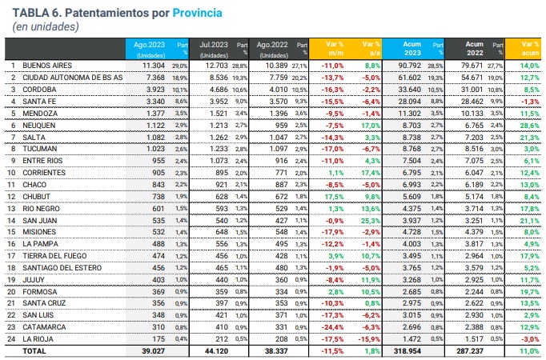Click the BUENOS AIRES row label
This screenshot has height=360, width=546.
pyautogui.click(x=49, y=64)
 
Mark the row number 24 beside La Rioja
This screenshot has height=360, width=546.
pyautogui.click(x=13, y=339)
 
